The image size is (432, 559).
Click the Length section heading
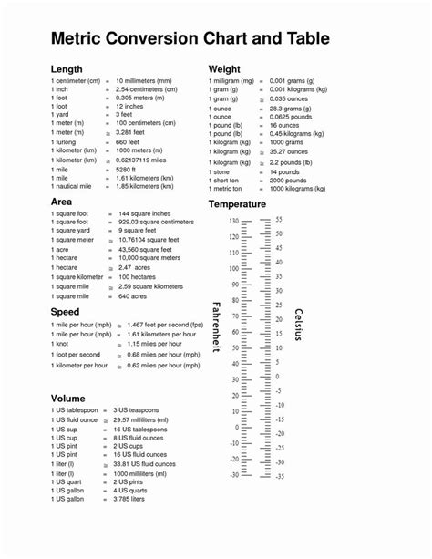[x=67, y=69]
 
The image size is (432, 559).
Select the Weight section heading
[x=224, y=69]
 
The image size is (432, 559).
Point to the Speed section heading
[x=66, y=312]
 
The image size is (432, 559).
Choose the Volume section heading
[x=68, y=399]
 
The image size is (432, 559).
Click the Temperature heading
[x=237, y=204]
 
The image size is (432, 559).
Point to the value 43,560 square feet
[x=145, y=249]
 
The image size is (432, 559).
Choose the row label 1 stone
[x=221, y=171]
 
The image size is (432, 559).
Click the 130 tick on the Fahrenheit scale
[x=233, y=222]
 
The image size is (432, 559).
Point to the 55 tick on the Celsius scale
[x=279, y=220]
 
